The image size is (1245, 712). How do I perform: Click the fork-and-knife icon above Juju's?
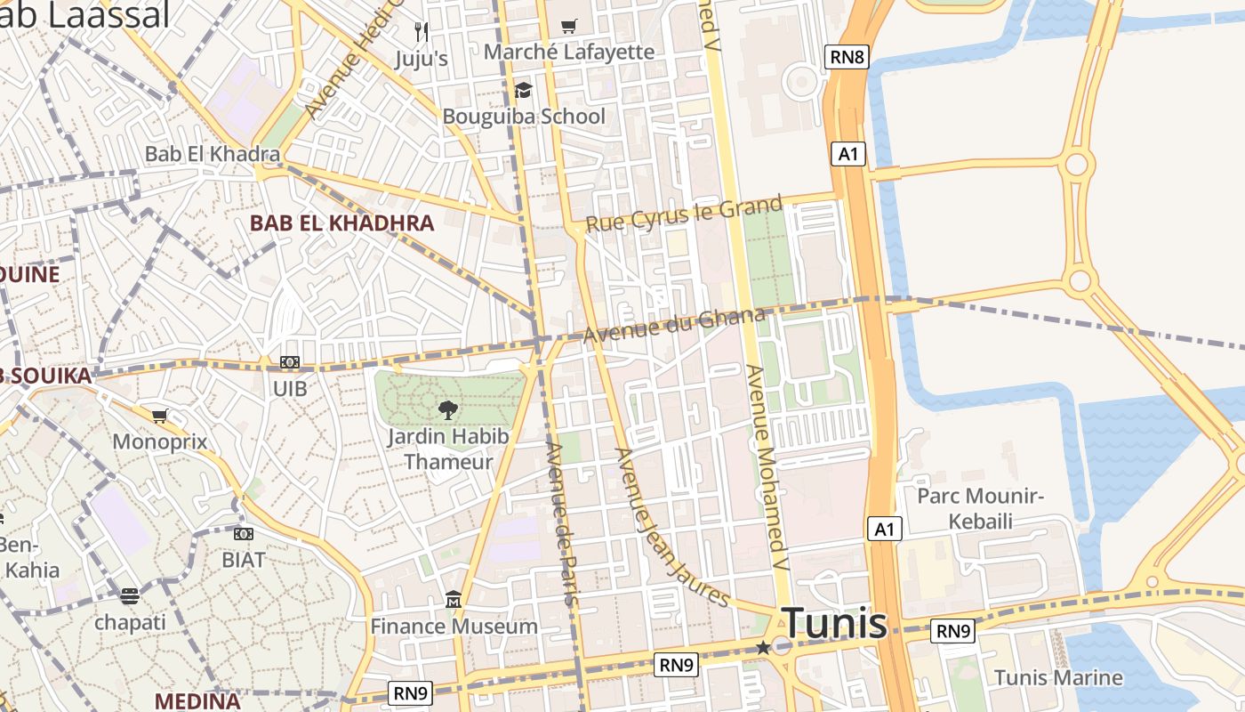422,32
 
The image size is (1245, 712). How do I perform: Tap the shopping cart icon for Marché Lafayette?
569,27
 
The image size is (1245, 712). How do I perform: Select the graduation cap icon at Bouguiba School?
523,91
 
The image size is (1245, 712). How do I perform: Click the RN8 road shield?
846,58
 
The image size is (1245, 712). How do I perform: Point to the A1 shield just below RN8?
848,154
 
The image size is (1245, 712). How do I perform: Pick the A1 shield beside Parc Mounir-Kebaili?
884,530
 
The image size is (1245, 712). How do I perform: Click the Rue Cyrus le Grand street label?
685,214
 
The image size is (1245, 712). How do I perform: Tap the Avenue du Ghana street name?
674,325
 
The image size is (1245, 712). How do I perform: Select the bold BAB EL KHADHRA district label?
341,223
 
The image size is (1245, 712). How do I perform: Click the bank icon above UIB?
290,363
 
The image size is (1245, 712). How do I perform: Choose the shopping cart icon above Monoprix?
160,416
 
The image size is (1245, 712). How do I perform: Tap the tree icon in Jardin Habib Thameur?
447,409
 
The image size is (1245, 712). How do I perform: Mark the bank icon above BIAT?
244,534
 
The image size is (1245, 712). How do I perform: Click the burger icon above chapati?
130,596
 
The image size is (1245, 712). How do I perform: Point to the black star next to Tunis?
763,648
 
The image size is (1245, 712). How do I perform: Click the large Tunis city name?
833,623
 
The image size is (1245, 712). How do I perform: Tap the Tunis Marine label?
1058,677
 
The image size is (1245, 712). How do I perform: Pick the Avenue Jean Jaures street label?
671,527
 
